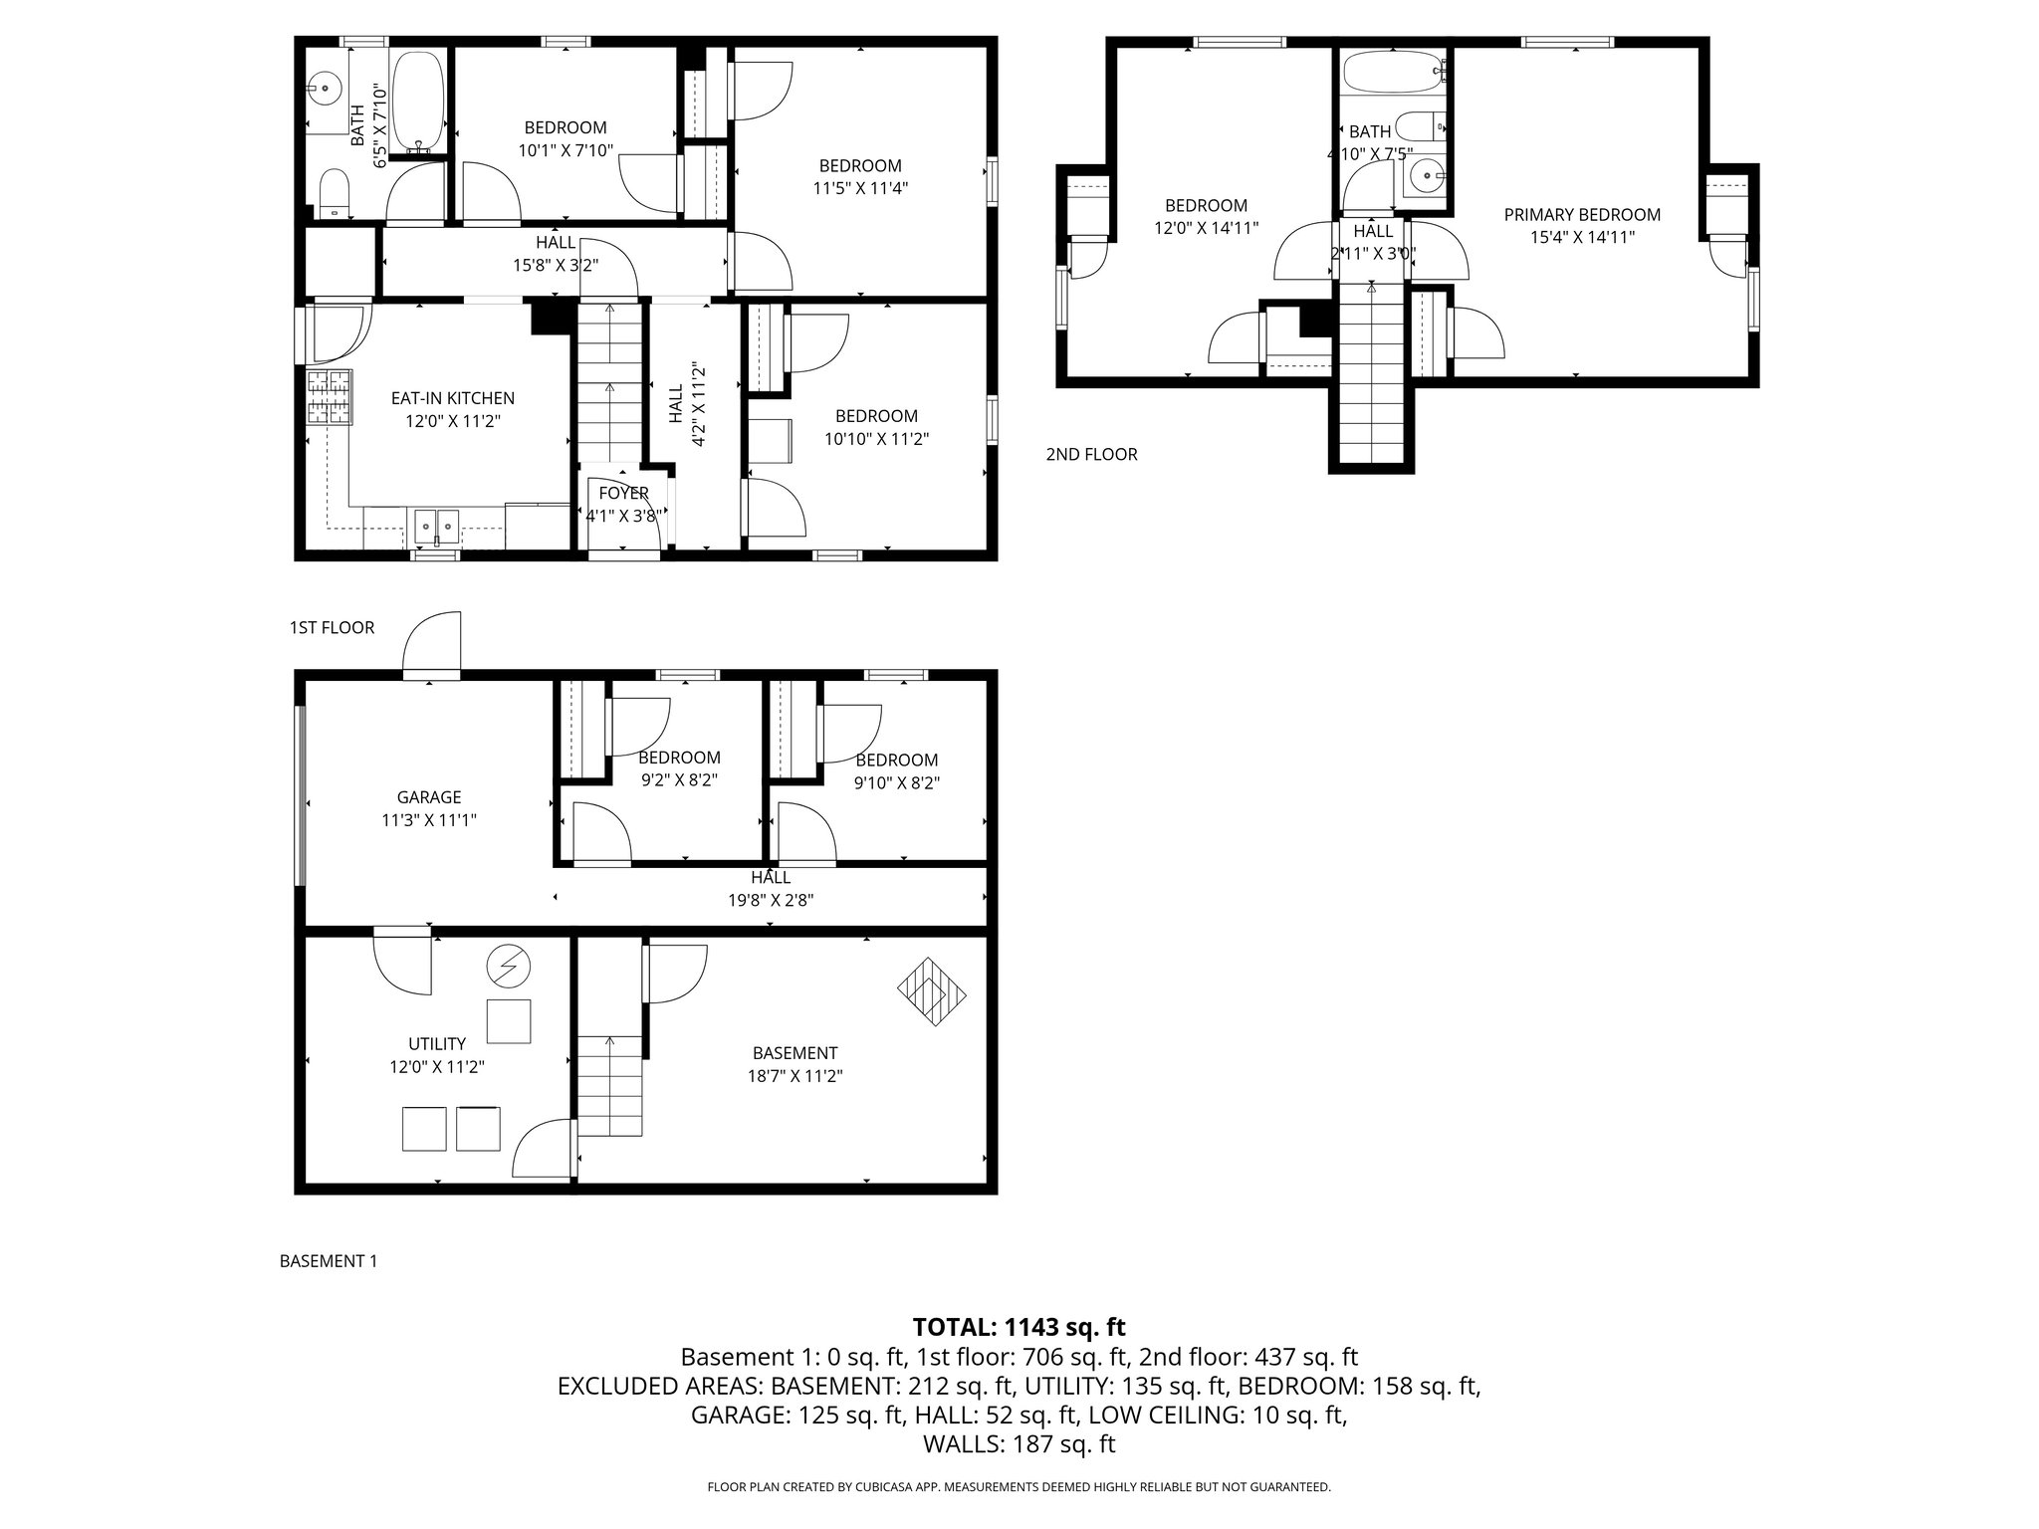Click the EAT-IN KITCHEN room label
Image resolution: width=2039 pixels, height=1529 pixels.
[x=452, y=398]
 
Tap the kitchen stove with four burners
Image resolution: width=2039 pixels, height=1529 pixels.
[x=330, y=397]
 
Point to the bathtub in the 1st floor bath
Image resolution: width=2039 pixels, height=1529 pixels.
[x=418, y=104]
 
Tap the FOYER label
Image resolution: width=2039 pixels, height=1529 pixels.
[x=623, y=493]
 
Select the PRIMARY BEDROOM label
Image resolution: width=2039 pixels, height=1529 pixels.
[x=1581, y=215]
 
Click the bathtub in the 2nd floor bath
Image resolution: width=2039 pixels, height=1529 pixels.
[x=1392, y=72]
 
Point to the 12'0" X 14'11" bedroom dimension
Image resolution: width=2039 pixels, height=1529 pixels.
[x=1206, y=228]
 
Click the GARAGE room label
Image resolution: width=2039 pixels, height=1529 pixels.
[x=429, y=797]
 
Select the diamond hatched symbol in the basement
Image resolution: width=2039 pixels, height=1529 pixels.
[x=932, y=991]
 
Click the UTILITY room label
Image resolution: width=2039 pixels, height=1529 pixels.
[x=437, y=1043]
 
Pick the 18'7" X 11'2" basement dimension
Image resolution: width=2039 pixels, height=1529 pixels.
[x=794, y=1076]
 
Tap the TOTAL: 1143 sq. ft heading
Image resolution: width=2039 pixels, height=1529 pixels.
[x=1019, y=1327]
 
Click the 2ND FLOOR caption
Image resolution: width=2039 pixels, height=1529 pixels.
[x=1091, y=455]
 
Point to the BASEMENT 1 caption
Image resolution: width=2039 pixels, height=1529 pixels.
[x=329, y=1261]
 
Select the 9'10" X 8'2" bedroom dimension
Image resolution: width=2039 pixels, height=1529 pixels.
[x=896, y=783]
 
